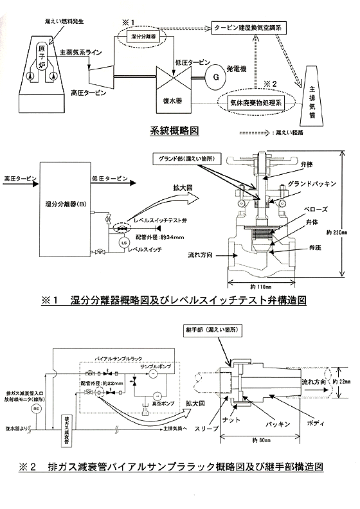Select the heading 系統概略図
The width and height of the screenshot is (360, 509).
[174, 131]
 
